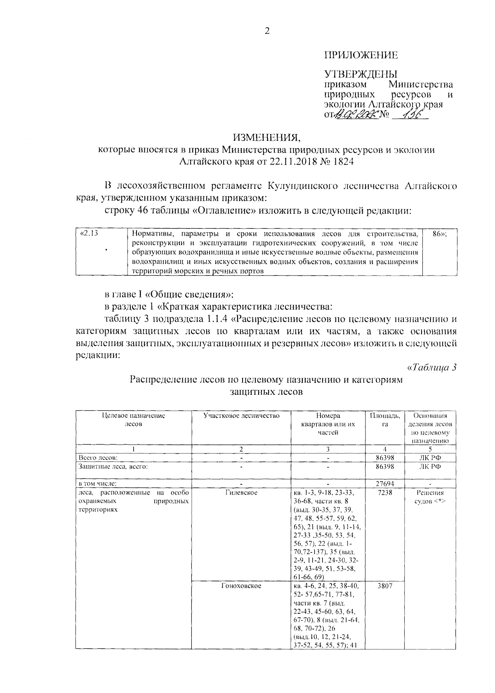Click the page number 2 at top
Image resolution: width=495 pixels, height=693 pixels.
coord(267,31)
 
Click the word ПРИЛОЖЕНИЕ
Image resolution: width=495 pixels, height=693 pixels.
coord(361,55)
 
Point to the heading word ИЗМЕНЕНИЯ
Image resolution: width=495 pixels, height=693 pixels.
coord(266,137)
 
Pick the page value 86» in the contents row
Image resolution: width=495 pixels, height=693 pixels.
coord(440,233)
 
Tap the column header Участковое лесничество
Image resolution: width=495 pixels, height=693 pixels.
coord(241,416)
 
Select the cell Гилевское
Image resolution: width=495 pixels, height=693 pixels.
coord(241,493)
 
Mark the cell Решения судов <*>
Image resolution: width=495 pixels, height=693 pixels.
coord(430,497)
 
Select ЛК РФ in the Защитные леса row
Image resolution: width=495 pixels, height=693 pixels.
coord(430,467)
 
